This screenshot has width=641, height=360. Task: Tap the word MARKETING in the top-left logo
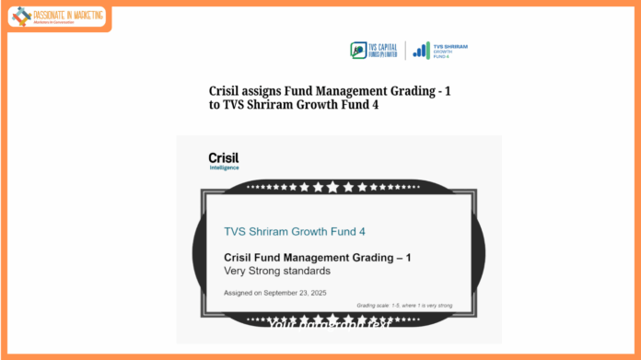pos(84,15)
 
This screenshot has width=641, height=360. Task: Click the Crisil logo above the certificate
pos(224,157)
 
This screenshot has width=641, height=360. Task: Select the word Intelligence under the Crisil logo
pos(224,168)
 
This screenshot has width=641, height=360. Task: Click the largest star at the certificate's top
pos(332,187)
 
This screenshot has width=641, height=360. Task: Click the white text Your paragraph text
pos(329,324)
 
